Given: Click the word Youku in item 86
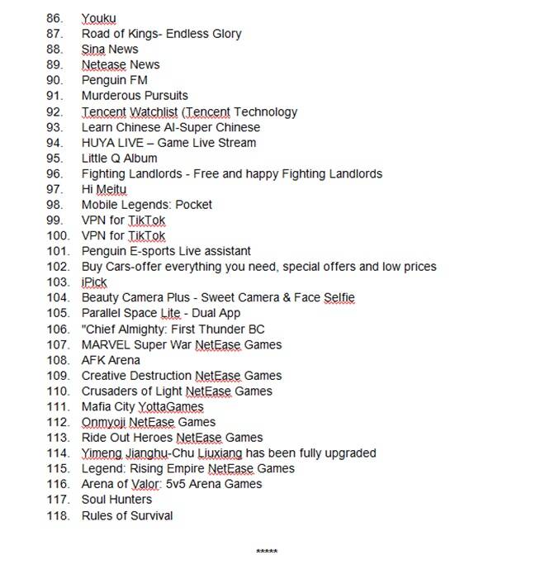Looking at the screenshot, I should pyautogui.click(x=98, y=18).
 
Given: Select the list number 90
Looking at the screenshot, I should pyautogui.click(x=55, y=80).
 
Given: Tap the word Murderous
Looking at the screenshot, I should pyautogui.click(x=111, y=96).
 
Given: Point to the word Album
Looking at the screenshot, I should pyautogui.click(x=140, y=158).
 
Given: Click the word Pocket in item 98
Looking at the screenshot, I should pyautogui.click(x=194, y=205).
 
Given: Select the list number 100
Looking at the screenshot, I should pyautogui.click(x=58, y=235).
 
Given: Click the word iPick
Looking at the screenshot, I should pyautogui.click(x=94, y=282).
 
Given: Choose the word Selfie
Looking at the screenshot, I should pyautogui.click(x=338, y=297).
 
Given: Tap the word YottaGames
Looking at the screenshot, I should pyautogui.click(x=171, y=406).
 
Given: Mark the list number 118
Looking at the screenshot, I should pyautogui.click(x=58, y=515).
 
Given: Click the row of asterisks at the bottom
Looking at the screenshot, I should pyautogui.click(x=267, y=552).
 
